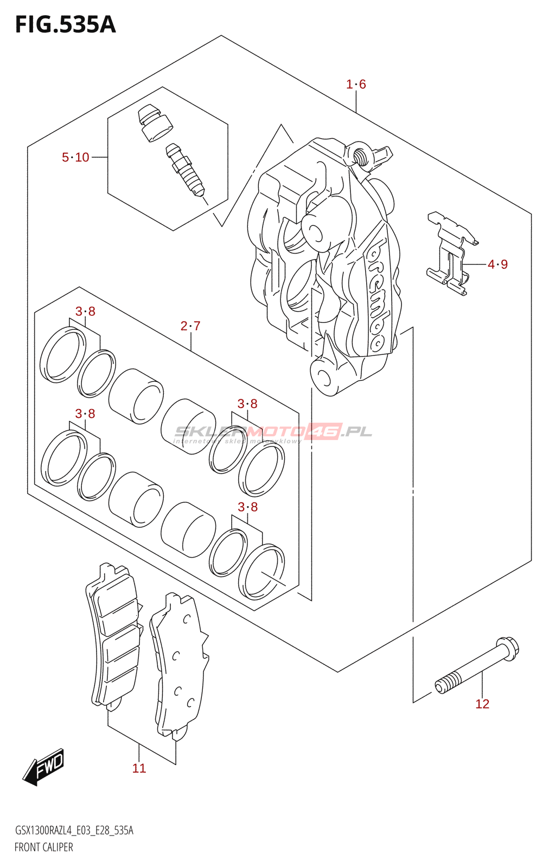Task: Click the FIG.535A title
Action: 65,25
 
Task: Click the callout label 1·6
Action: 356,84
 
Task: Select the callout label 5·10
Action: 75,157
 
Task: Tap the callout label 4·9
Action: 497,264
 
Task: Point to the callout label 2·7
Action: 190,326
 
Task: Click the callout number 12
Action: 482,704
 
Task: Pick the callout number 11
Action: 139,768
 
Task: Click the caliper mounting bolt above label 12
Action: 477,667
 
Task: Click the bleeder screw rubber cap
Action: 155,122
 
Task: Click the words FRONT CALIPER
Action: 43,847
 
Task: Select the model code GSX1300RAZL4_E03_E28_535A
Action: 74,830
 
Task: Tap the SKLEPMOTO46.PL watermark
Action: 273,432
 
